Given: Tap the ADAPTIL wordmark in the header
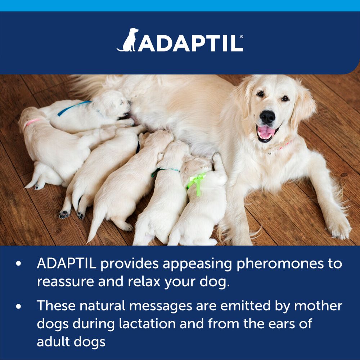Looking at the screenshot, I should pos(189,43).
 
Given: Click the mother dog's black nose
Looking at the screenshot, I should pos(267,116).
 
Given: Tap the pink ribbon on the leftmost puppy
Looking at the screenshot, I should pos(31,122).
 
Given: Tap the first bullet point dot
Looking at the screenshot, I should pos(19,264).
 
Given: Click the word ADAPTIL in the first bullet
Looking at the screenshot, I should pos(66,264).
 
